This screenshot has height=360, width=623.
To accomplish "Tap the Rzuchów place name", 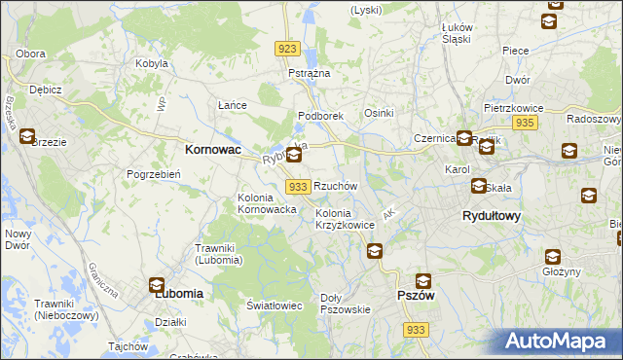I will point(336,186).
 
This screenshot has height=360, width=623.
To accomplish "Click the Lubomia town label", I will point(178,292).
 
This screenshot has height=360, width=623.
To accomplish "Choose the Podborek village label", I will point(321,116).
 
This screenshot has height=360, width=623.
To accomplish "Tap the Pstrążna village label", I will point(310,73).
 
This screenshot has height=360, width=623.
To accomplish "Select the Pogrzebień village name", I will point(151,174).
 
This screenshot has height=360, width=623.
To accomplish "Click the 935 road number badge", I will point(526,122).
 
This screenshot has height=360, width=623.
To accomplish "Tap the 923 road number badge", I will point(286,49).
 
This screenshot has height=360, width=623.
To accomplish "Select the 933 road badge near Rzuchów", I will point(299,186).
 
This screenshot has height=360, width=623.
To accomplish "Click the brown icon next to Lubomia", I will point(157,284).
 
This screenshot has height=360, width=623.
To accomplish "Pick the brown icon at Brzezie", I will point(26,137).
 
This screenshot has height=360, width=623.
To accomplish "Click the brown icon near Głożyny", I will point(552,257).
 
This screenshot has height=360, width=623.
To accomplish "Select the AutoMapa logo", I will point(559,342).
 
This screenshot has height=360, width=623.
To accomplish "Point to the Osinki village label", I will point(379,113).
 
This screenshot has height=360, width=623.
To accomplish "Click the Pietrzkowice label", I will point(512,108).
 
